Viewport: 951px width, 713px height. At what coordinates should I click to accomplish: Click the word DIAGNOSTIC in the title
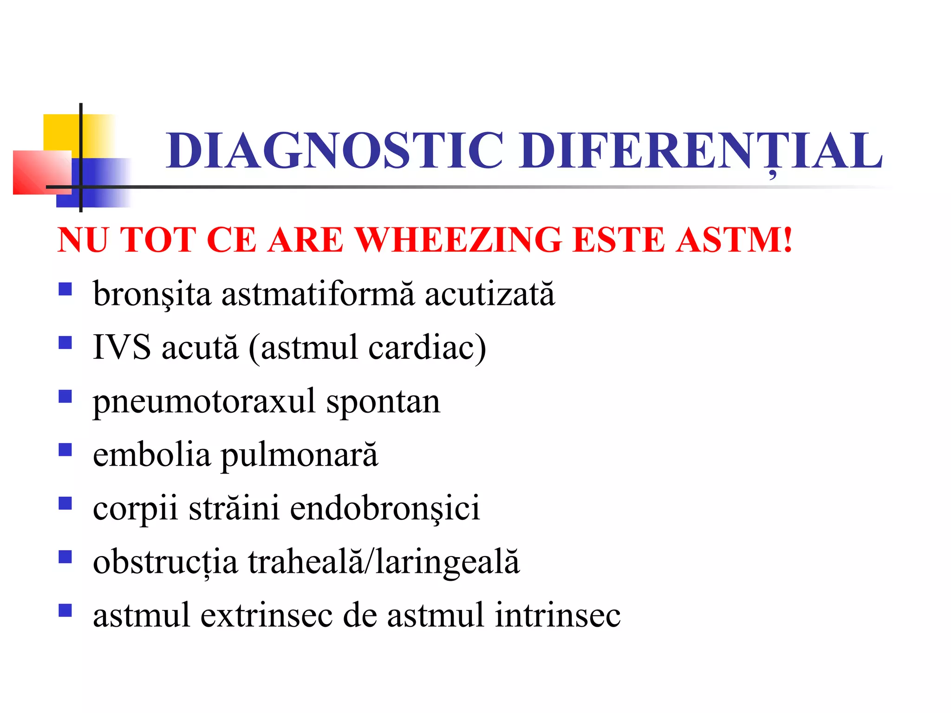click(x=334, y=150)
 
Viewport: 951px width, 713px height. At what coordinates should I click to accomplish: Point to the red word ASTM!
click(x=734, y=240)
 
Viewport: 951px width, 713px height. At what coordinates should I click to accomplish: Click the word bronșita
click(x=152, y=294)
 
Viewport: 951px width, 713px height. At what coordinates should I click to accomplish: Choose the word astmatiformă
click(x=318, y=294)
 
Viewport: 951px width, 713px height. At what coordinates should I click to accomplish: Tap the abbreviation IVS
click(x=122, y=347)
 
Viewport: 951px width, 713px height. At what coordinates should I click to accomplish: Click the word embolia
click(x=151, y=455)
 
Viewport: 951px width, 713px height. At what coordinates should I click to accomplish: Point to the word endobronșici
click(x=385, y=509)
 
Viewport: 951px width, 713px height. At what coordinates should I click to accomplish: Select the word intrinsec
click(x=557, y=616)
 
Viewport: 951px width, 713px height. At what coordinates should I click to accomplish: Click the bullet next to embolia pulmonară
click(x=65, y=450)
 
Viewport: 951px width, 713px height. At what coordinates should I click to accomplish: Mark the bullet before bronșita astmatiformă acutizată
click(x=65, y=289)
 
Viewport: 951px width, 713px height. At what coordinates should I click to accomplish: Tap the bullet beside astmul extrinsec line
click(x=65, y=610)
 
